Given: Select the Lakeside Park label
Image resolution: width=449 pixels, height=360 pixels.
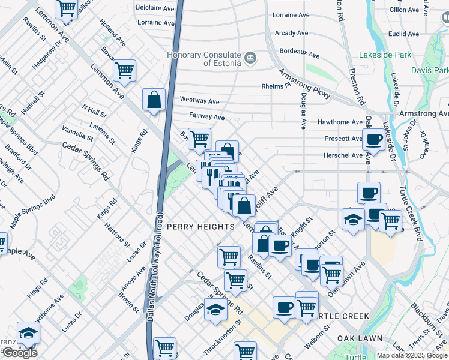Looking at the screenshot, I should [x=385, y=55].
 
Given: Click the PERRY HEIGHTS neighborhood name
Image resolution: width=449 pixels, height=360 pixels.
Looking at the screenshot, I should [x=200, y=227].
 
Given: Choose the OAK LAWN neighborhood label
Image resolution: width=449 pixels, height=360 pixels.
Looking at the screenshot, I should [x=360, y=338].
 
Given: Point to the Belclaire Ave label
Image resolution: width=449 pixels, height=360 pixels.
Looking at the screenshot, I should [x=155, y=8].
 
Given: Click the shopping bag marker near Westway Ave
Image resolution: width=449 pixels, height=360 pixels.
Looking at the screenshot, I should [x=154, y=99].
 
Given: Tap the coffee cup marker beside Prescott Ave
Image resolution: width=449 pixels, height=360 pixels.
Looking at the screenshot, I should [x=374, y=140].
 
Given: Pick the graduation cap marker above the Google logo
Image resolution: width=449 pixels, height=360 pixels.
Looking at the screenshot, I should [x=28, y=332].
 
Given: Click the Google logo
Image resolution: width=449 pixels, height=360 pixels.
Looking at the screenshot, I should [x=19, y=353].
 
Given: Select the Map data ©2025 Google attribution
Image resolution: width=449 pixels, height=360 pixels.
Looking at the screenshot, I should [x=412, y=355].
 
